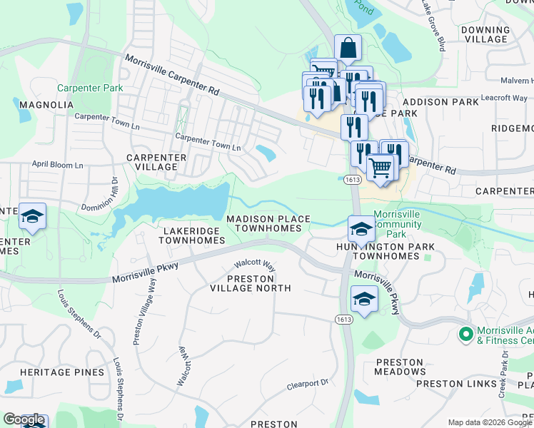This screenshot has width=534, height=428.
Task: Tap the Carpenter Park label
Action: coord(90,88)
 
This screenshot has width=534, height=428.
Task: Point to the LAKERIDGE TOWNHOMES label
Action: coord(187,236)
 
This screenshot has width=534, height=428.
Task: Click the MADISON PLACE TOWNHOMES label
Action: coord(268,223)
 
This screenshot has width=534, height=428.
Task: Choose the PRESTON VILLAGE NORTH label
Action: coord(250,283)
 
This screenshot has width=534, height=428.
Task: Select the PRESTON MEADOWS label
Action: coord(400,367)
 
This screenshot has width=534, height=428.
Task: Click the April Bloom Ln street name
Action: coord(57,165)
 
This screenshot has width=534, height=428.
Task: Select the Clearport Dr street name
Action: coord(307,384)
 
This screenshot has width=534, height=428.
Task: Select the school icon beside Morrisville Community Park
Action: coord(361,230)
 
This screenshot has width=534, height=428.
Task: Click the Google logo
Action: coord(24,420)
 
